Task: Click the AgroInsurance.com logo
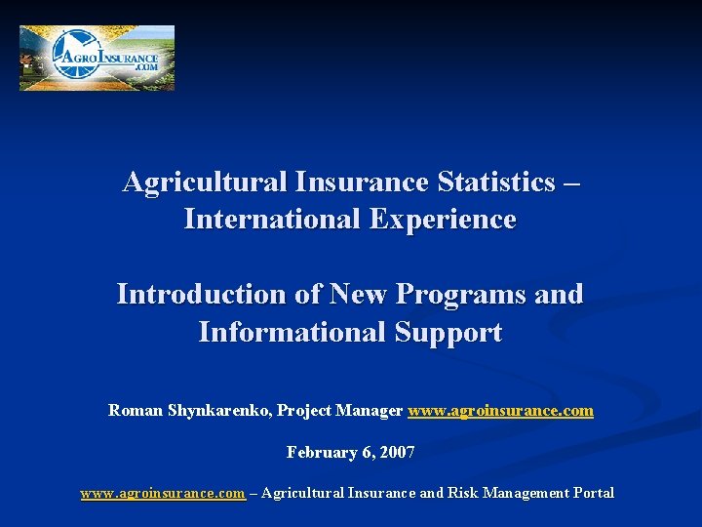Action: [97, 58]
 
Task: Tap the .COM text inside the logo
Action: [145, 67]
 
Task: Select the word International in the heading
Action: [272, 220]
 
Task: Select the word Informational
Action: [292, 332]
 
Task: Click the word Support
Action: [448, 332]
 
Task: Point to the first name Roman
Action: [134, 411]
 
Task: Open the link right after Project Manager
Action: [500, 411]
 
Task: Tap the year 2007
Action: [397, 452]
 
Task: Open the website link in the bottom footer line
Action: [162, 493]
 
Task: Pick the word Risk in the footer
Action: [465, 493]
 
